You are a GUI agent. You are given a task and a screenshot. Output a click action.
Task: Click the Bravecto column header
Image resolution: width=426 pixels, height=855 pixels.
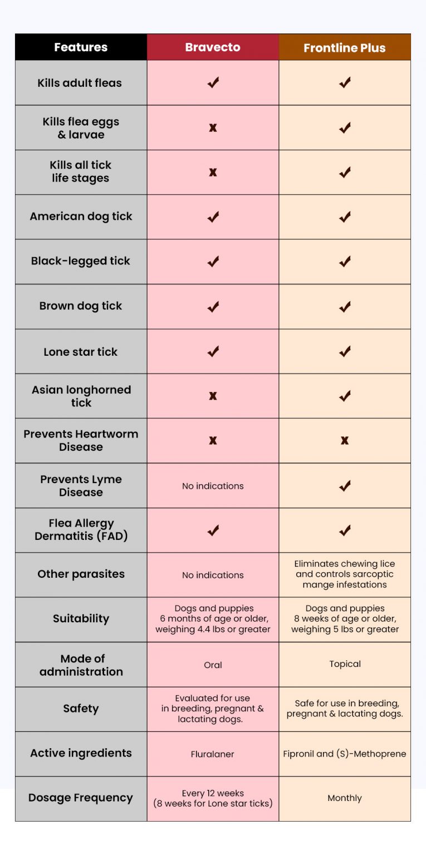point(213,47)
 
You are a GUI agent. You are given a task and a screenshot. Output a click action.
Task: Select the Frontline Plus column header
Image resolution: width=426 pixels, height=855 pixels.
point(345,48)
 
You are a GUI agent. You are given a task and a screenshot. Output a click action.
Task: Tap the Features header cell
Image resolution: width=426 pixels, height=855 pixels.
point(81,47)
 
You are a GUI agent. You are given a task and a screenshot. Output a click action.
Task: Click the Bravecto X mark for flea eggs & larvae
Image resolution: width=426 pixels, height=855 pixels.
point(213,128)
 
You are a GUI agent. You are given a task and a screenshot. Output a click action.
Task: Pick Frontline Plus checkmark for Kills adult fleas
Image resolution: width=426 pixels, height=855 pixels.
point(345,83)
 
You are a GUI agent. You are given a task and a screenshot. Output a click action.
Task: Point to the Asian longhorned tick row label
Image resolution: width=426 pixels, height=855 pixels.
point(81,396)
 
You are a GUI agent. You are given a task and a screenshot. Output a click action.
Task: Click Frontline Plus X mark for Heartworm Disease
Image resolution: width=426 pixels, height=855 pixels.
point(345,441)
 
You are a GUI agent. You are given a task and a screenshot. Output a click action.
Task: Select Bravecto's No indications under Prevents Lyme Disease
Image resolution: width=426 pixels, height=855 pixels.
point(213,486)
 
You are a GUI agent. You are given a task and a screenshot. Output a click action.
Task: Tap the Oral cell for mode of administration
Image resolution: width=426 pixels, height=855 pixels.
point(213,665)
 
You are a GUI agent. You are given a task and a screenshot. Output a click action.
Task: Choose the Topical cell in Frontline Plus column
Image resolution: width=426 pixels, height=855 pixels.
point(345,664)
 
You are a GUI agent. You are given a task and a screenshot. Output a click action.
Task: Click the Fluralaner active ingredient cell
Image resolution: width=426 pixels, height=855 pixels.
point(213,754)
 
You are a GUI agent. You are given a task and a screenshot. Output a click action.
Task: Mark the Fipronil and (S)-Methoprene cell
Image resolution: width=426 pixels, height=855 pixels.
point(345,754)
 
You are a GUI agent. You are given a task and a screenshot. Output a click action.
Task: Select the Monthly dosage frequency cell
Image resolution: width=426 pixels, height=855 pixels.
point(345,798)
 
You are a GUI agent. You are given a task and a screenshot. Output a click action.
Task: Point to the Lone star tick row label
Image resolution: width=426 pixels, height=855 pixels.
point(81,352)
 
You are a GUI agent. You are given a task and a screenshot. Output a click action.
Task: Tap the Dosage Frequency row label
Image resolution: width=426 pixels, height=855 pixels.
point(81,798)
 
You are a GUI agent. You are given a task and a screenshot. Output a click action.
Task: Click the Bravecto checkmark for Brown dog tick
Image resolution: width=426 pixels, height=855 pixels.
point(213,307)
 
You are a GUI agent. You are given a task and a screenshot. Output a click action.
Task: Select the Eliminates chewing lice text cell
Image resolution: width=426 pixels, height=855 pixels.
point(345,574)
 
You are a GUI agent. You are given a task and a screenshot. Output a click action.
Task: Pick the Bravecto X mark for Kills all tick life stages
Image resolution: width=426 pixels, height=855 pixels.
point(213,173)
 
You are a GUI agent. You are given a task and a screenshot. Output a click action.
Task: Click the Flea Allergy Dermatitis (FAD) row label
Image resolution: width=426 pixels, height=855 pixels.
point(81,530)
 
